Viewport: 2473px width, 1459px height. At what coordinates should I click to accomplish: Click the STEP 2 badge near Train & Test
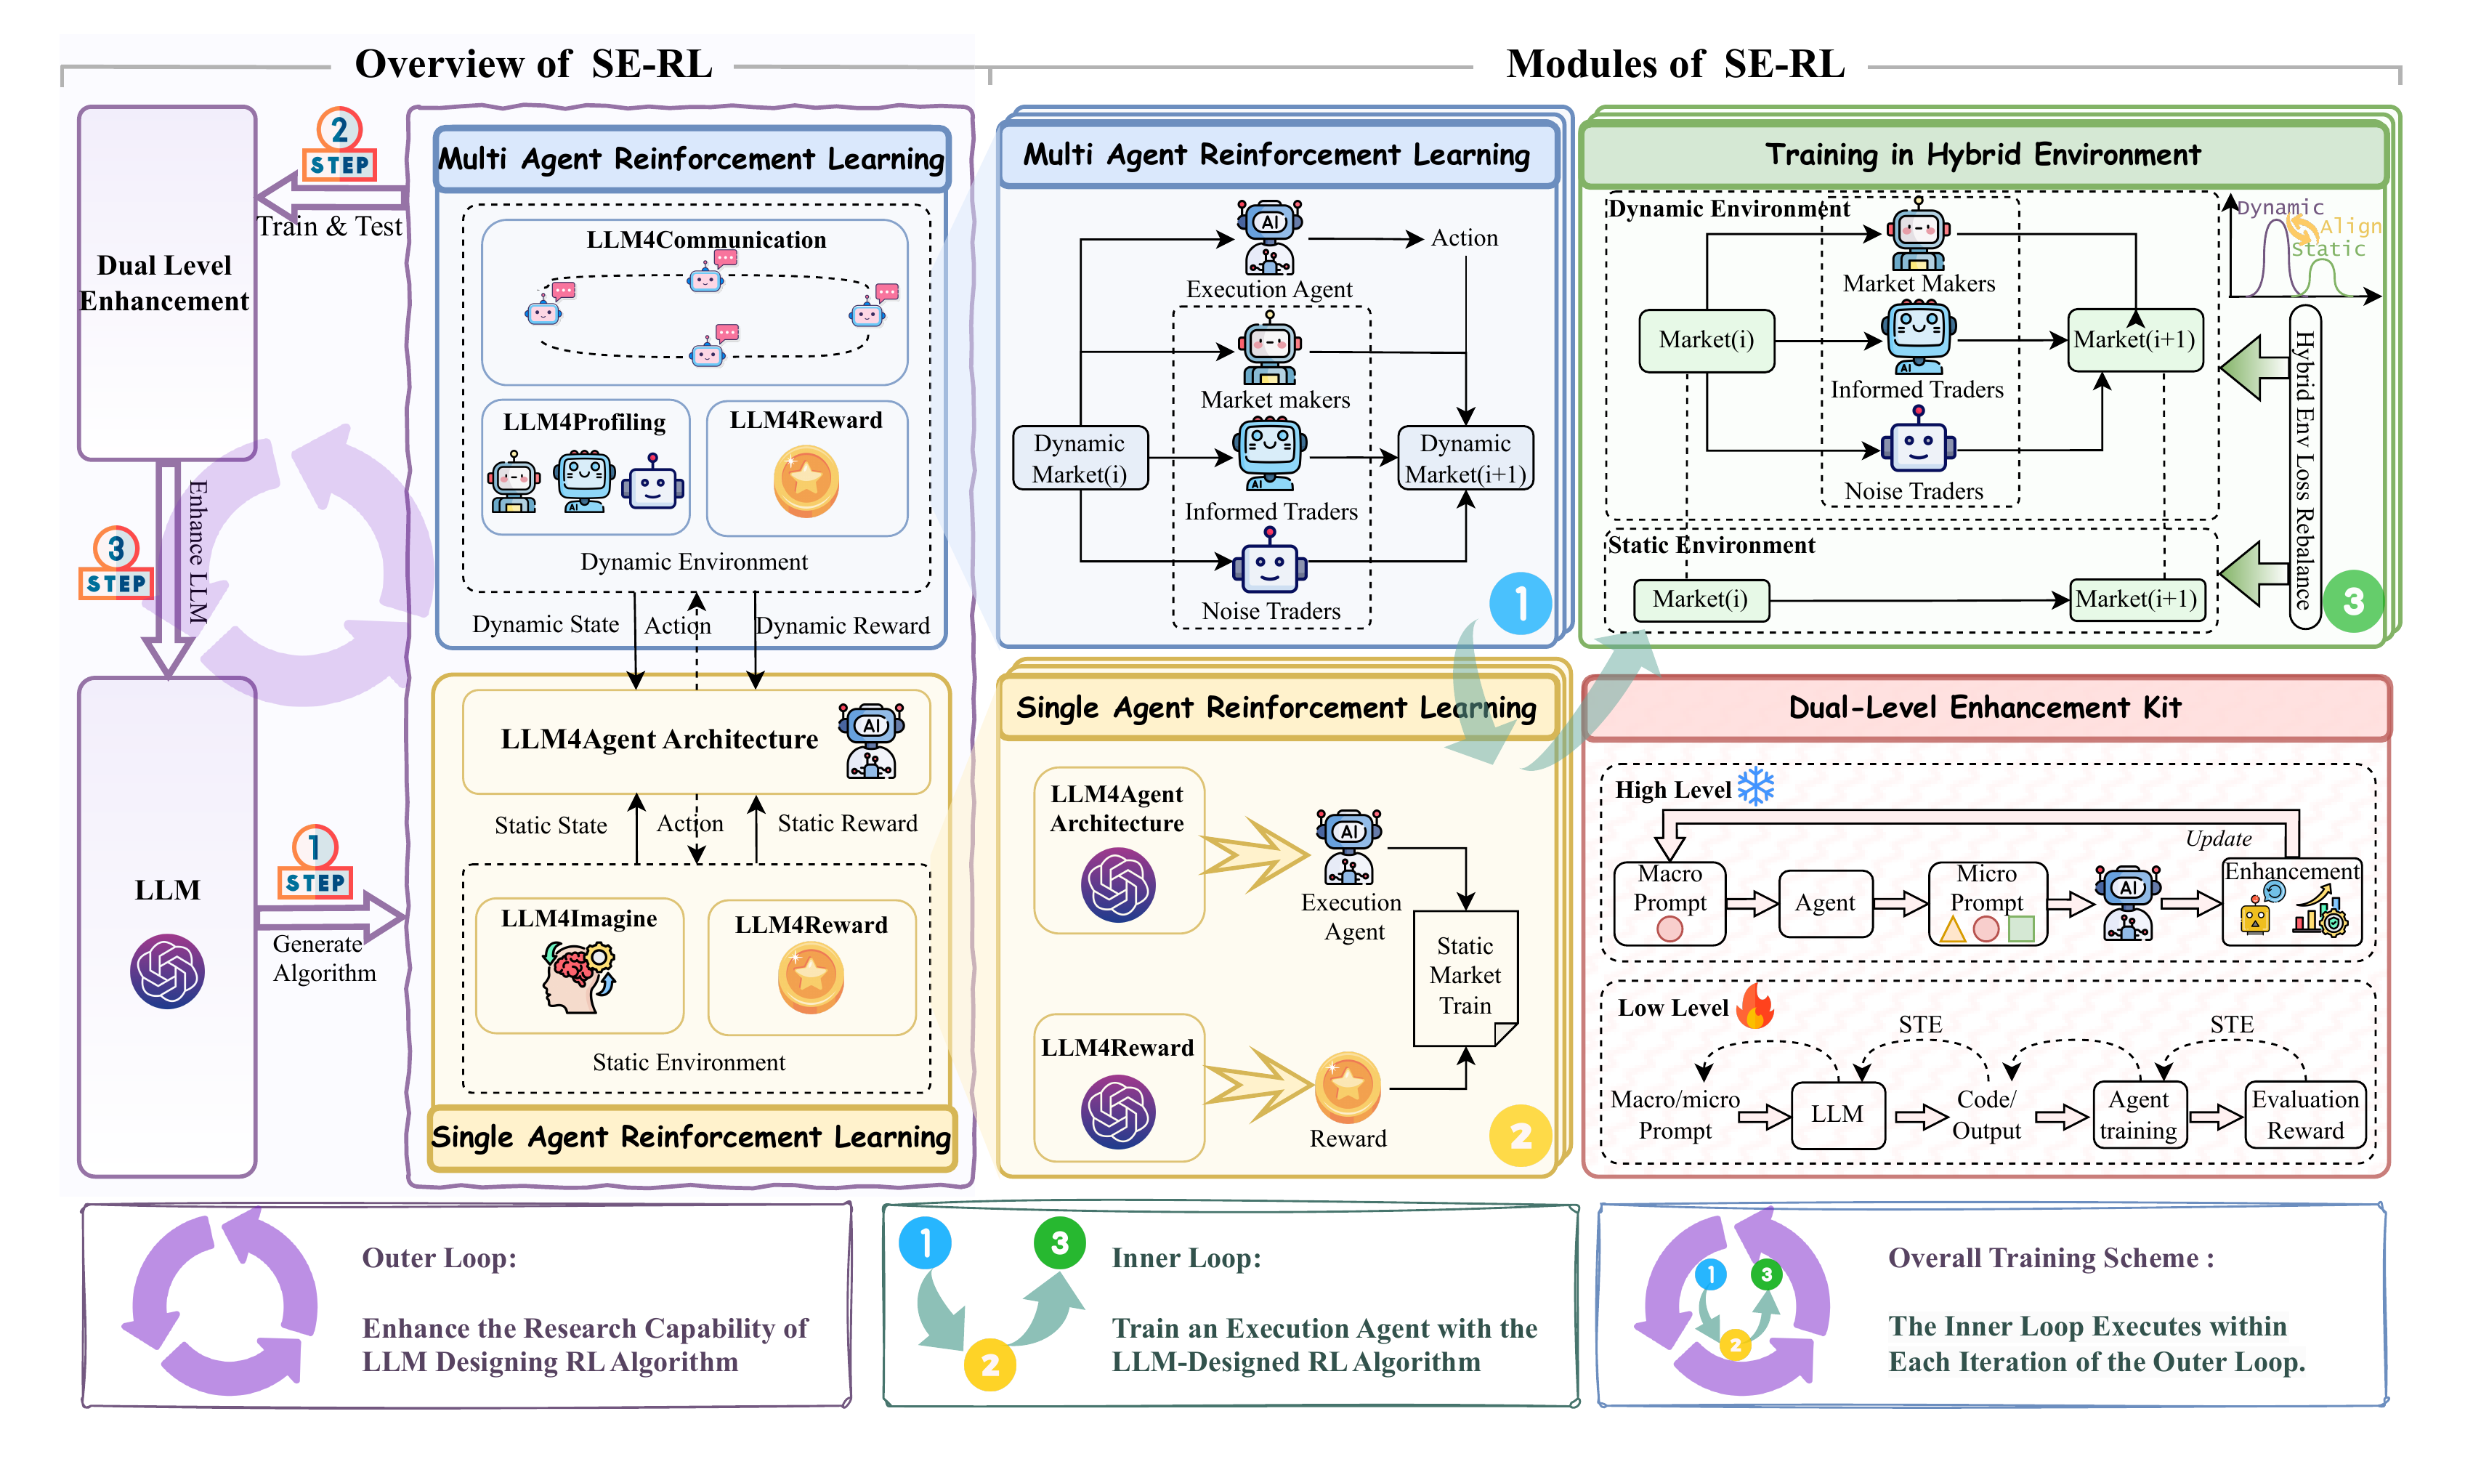339,145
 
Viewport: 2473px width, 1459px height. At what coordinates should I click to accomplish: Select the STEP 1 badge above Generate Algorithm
315,863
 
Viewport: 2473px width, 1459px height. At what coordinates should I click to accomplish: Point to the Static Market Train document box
1465,977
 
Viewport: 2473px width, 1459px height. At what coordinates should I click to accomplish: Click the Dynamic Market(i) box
1080,458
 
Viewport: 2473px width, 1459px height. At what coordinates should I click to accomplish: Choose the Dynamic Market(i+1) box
1465,458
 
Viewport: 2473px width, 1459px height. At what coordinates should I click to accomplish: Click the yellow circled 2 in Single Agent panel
1520,1136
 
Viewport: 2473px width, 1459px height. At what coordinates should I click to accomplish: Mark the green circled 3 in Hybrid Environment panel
2353,601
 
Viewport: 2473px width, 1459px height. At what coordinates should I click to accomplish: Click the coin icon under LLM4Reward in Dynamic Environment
806,481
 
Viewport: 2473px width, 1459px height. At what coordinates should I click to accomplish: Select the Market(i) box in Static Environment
1701,599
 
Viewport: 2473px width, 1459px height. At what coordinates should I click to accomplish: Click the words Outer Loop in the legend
438,1258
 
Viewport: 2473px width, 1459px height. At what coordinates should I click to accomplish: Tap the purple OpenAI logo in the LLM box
167,971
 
